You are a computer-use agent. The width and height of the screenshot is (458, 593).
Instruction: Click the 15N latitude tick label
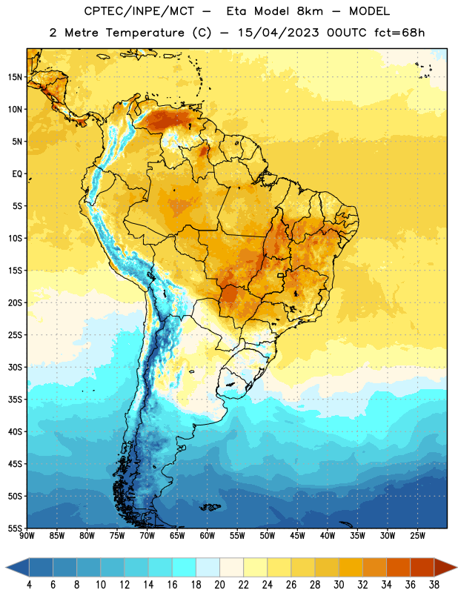click(15, 77)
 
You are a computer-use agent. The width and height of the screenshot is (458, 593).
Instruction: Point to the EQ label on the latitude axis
click(17, 174)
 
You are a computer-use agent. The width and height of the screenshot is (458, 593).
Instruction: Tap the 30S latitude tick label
click(15, 367)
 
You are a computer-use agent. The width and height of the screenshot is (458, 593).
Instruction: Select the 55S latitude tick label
click(15, 528)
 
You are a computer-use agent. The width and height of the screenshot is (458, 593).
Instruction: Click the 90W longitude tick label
click(27, 536)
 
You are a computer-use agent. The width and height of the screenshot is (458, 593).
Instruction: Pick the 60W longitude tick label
click(208, 536)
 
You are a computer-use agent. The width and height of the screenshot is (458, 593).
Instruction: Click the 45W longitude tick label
click(297, 536)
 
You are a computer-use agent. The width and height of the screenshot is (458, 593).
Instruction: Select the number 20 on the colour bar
click(219, 585)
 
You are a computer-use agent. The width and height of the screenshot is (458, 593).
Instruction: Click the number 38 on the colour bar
click(434, 585)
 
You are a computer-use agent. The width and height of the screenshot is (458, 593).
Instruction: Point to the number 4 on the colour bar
click(29, 585)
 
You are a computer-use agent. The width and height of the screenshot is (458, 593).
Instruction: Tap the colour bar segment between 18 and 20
click(208, 567)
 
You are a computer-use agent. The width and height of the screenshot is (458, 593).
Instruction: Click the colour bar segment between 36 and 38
click(422, 567)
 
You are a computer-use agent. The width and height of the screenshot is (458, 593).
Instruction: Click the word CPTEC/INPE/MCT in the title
click(139, 11)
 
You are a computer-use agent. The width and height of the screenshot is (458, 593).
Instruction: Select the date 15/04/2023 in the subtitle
click(279, 33)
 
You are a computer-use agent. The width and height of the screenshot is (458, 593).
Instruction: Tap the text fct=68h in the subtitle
click(399, 33)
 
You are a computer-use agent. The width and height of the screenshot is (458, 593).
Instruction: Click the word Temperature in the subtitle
click(145, 33)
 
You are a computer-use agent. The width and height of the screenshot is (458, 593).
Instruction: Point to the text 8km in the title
click(310, 11)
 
